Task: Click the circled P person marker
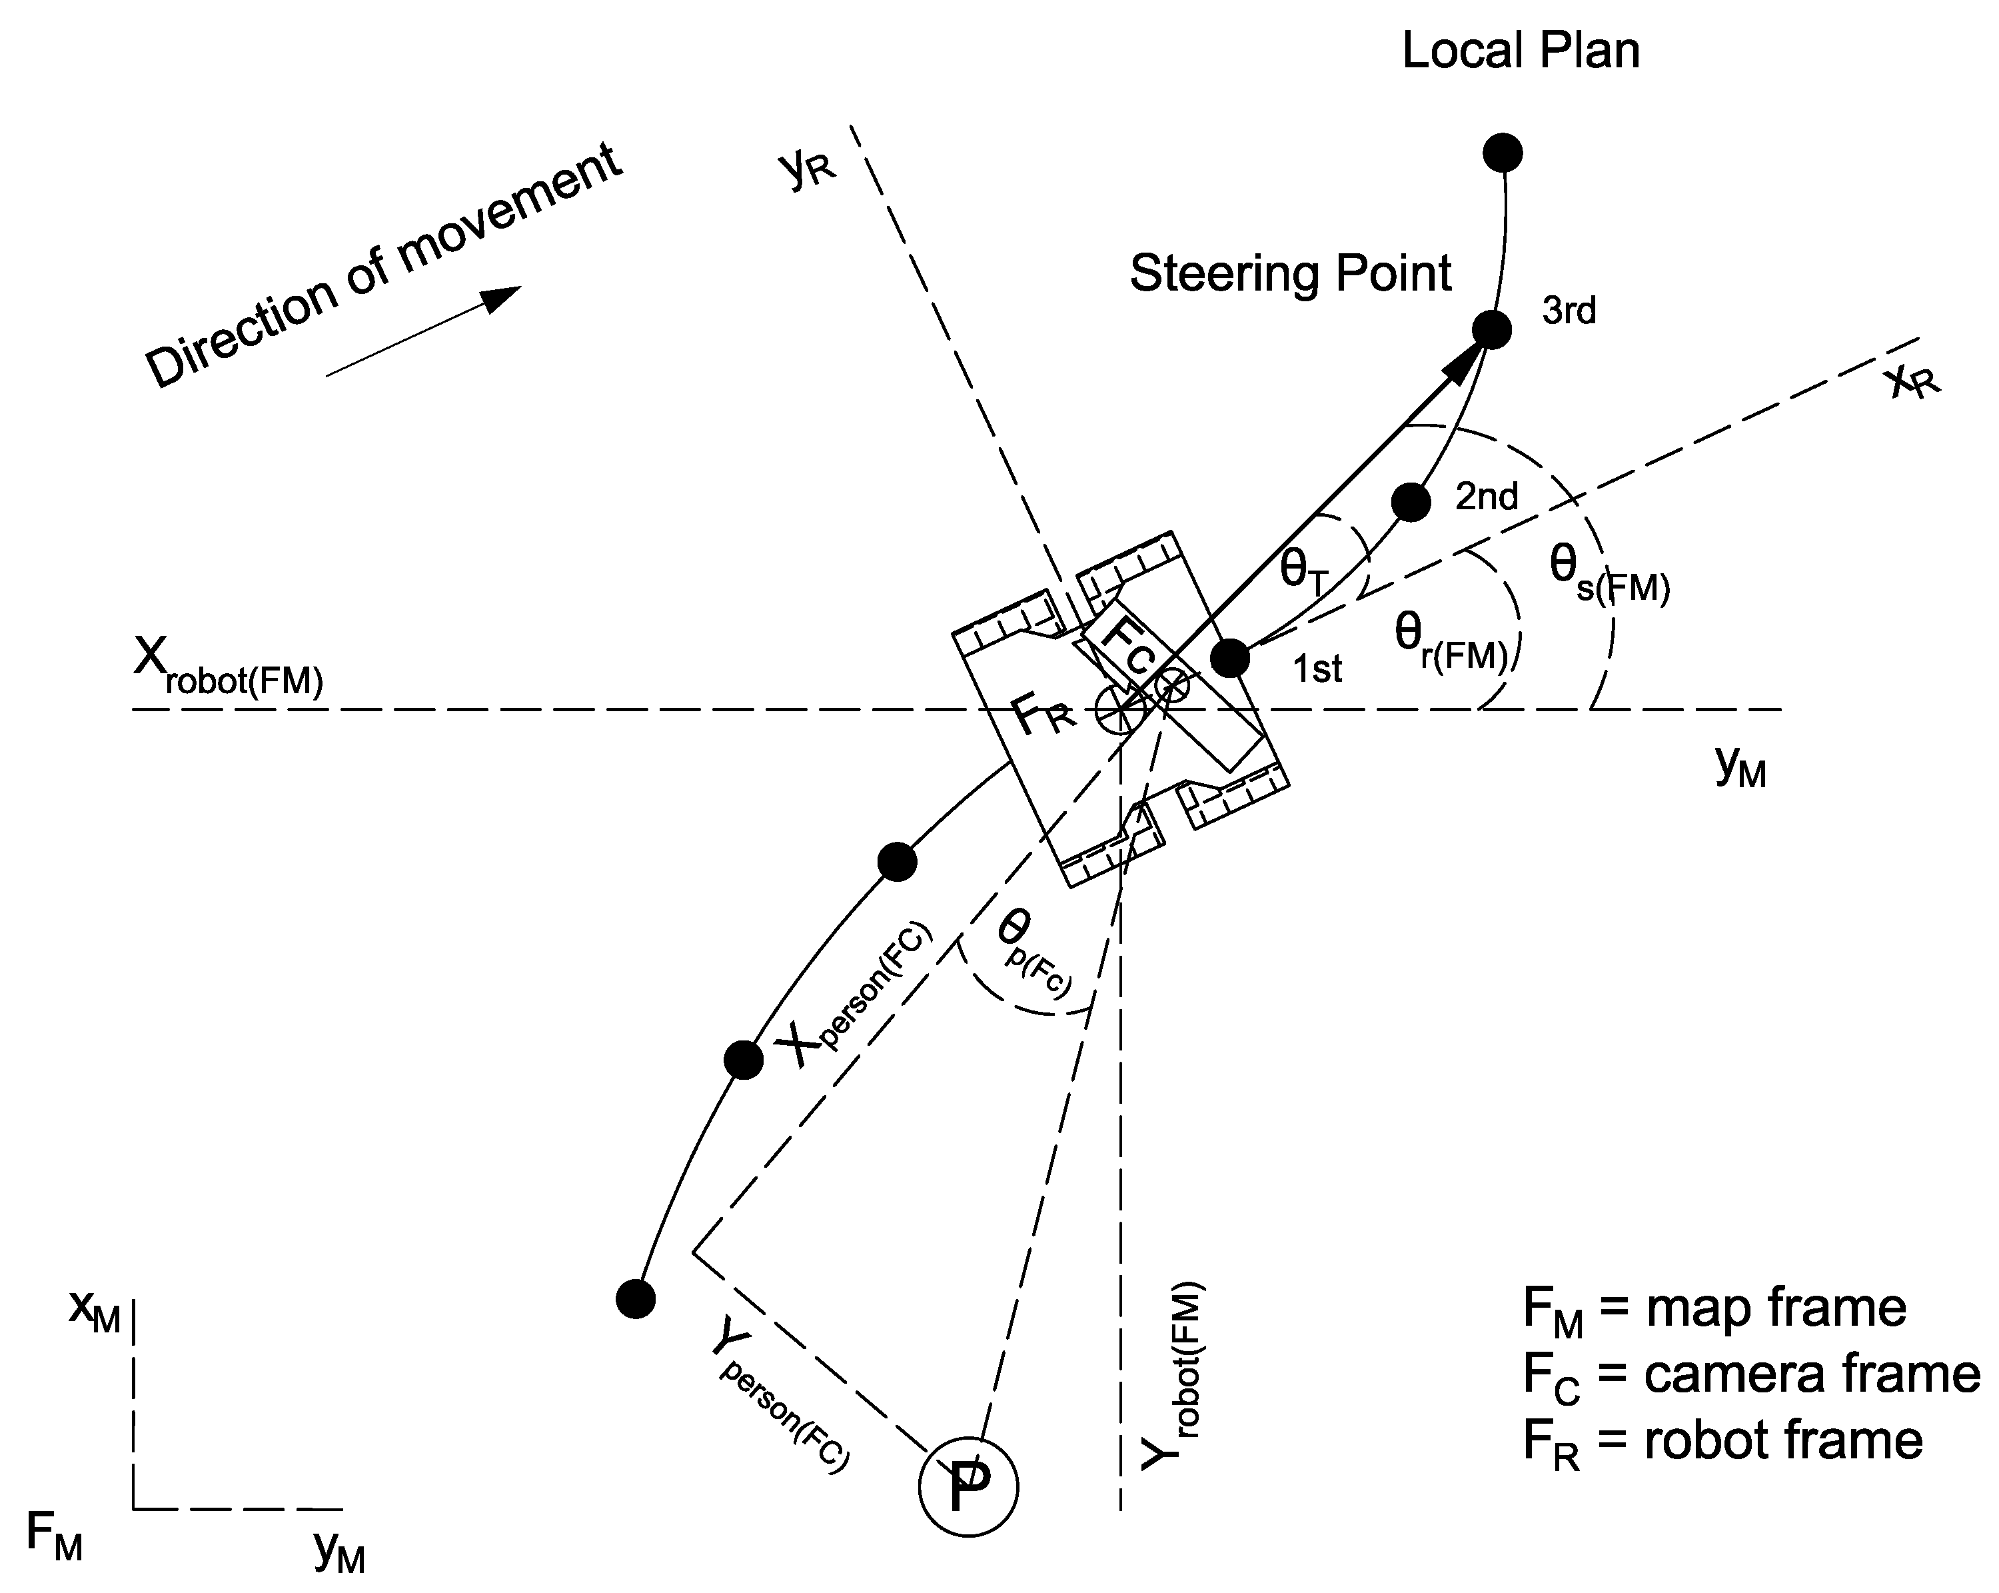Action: coord(968,1486)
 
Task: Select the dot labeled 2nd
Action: coord(1411,502)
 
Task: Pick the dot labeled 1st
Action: coord(1230,659)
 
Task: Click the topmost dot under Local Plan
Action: coord(1503,152)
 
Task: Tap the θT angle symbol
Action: coord(1303,571)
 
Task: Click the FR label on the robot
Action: coord(1043,717)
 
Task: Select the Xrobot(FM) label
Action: coord(228,668)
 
